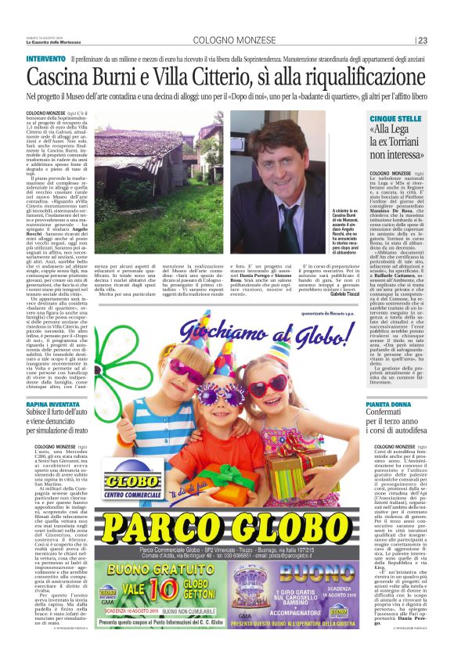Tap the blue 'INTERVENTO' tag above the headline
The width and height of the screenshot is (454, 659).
[45, 59]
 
